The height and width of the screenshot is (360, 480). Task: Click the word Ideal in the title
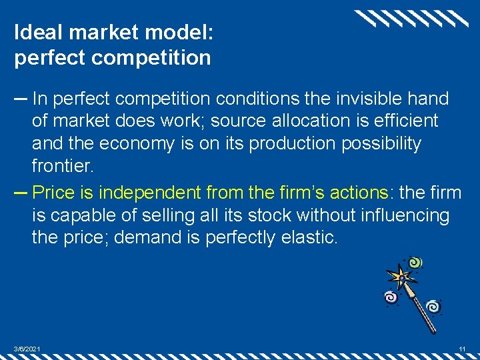33,32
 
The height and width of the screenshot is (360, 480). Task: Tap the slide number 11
462,349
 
